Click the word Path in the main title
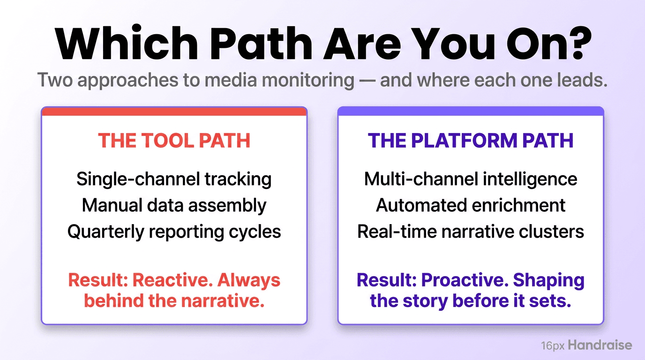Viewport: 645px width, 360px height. [x=256, y=44]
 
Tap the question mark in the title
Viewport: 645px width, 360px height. [x=575, y=44]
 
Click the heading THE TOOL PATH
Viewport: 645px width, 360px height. [x=174, y=141]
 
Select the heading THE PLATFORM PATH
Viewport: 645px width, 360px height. [x=471, y=141]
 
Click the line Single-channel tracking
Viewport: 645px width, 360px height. [x=174, y=179]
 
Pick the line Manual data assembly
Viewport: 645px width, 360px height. [x=174, y=205]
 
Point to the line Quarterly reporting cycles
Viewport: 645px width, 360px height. [x=174, y=232]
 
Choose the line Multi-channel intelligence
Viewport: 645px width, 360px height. [x=471, y=179]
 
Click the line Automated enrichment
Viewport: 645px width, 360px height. [x=471, y=205]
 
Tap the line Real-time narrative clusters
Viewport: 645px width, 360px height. [x=471, y=232]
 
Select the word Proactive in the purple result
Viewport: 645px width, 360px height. [x=464, y=280]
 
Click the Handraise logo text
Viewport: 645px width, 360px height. [x=600, y=346]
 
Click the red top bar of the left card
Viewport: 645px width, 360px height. [x=174, y=111]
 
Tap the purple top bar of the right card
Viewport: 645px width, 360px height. [x=471, y=111]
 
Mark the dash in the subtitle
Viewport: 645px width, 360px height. [x=367, y=81]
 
